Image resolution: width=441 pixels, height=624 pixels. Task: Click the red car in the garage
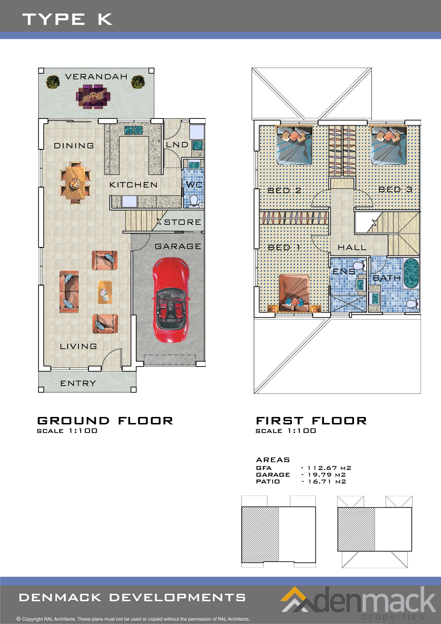[x=170, y=299]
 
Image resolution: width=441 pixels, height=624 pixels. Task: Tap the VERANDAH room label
[x=96, y=77]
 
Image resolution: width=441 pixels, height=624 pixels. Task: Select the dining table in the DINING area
[x=75, y=183]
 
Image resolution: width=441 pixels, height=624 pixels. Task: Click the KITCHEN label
[x=133, y=185]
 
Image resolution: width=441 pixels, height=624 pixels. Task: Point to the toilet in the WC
[x=193, y=200]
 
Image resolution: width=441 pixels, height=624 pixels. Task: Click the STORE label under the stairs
[x=183, y=222]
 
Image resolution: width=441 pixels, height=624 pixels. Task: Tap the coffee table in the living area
[x=105, y=292]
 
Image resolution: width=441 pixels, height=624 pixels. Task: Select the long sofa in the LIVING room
[x=69, y=292]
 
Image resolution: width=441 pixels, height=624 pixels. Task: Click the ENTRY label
[x=78, y=384]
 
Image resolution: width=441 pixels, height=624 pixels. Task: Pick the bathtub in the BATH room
[x=411, y=273]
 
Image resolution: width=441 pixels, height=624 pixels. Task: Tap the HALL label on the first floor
[x=352, y=248]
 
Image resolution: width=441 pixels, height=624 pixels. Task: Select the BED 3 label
[x=395, y=190]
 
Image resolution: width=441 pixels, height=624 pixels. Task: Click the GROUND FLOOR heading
[x=105, y=421]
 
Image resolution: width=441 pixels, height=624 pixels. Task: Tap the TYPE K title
[x=68, y=19]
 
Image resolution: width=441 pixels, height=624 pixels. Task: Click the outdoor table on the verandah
[x=93, y=96]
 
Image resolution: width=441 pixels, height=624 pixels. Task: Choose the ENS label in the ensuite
[x=344, y=272]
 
